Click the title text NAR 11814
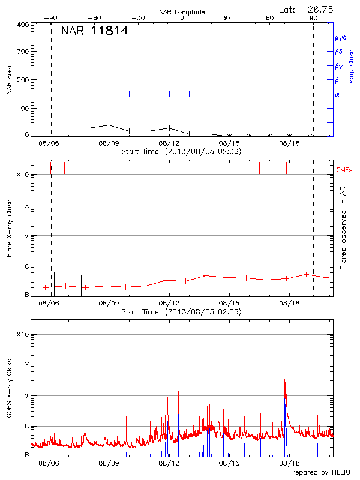(x=94, y=31)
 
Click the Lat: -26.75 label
(x=307, y=9)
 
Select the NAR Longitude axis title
(x=182, y=12)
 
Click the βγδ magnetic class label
(x=341, y=37)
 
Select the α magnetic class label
(x=337, y=94)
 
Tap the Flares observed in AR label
(x=343, y=227)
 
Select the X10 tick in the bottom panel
(x=23, y=334)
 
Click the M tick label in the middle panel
(x=26, y=236)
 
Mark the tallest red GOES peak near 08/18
(x=285, y=380)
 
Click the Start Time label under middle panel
(x=181, y=312)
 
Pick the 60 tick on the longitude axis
(x=270, y=19)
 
